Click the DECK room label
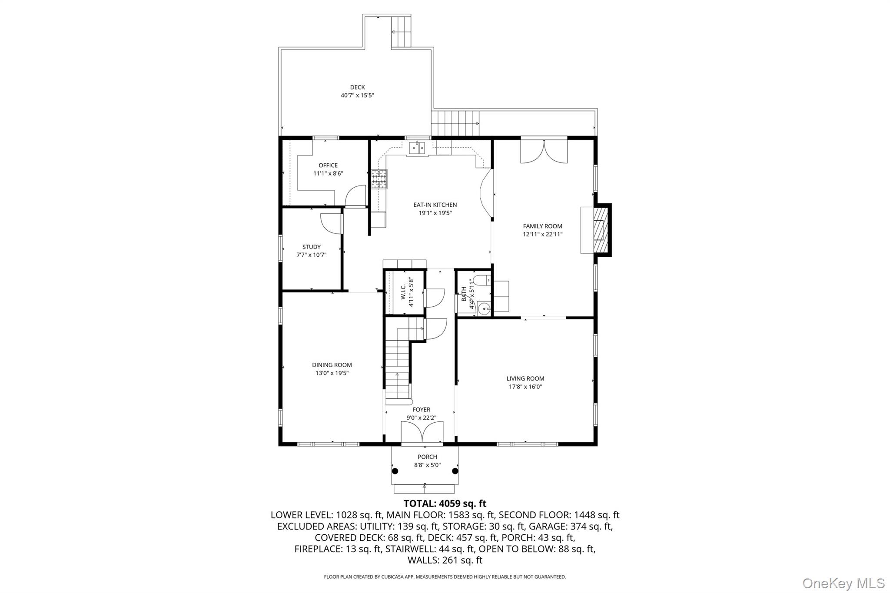coord(357,87)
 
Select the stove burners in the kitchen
coord(379,179)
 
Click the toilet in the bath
coord(482,280)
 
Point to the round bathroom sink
coord(483,308)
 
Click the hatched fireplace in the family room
coord(601,230)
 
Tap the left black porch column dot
coord(395,471)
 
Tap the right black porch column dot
coord(455,471)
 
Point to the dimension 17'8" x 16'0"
coord(525,387)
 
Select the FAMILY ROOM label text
coord(542,226)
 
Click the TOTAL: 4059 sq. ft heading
coord(445,504)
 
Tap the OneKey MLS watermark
coord(844,583)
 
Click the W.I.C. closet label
coord(403,292)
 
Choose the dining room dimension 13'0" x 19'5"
coord(332,373)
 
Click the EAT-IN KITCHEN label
coord(435,205)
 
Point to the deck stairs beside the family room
coord(455,123)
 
